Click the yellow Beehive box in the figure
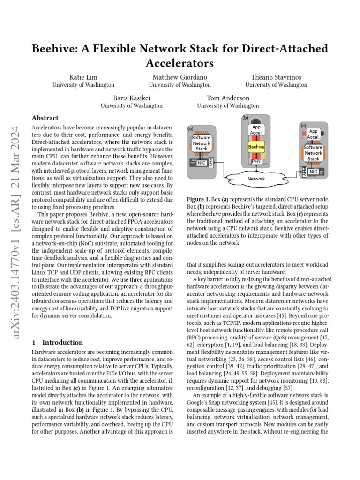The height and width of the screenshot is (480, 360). tap(256, 147)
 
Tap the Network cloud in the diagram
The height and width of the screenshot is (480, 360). tap(256, 179)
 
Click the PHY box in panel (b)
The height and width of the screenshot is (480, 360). tap(256, 161)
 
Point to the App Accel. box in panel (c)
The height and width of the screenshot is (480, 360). tap(313, 135)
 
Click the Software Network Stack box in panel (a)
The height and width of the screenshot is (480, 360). tap(202, 142)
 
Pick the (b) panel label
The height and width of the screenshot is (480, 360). tap(245, 118)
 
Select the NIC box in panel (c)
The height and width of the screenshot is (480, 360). tap(314, 172)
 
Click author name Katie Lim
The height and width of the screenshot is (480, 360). tap(83, 77)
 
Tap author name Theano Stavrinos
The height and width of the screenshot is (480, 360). tap(276, 77)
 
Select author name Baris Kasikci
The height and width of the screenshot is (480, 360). tap(131, 98)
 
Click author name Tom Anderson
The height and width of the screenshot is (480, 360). tap(228, 98)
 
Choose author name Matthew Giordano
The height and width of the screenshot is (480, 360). tap(180, 77)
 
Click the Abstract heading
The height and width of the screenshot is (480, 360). tap(45, 118)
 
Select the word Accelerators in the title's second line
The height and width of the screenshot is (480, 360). tap(180, 62)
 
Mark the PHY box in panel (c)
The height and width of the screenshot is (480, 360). tap(304, 172)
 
